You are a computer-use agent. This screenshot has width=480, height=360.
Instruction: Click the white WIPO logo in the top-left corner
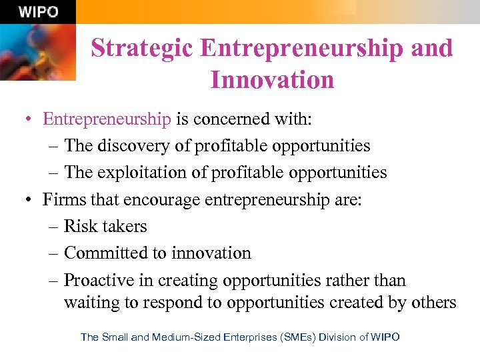38,12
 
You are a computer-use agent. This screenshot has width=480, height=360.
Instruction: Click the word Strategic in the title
141,48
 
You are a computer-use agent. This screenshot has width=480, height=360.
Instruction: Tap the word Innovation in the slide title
272,80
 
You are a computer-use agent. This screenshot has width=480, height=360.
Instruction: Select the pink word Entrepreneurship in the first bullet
107,119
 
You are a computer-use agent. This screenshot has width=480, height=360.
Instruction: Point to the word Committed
104,253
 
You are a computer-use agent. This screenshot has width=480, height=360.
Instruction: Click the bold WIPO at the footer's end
385,337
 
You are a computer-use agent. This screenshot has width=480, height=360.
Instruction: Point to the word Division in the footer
338,337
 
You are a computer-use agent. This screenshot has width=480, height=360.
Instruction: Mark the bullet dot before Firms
28,199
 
